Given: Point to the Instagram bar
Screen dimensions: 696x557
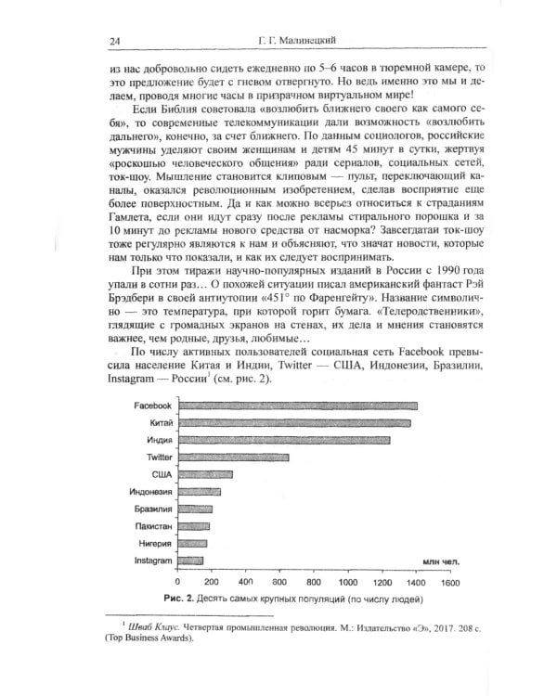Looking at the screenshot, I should coord(189,561).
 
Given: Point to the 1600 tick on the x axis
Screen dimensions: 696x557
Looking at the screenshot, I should coord(450,581).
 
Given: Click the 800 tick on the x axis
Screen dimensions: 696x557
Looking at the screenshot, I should coord(314,581).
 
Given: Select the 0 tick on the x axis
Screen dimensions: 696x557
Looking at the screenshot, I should coord(177,581).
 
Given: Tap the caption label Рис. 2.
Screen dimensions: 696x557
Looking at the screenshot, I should coord(176,598).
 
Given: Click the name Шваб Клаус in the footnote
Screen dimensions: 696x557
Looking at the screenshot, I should coord(153,631).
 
